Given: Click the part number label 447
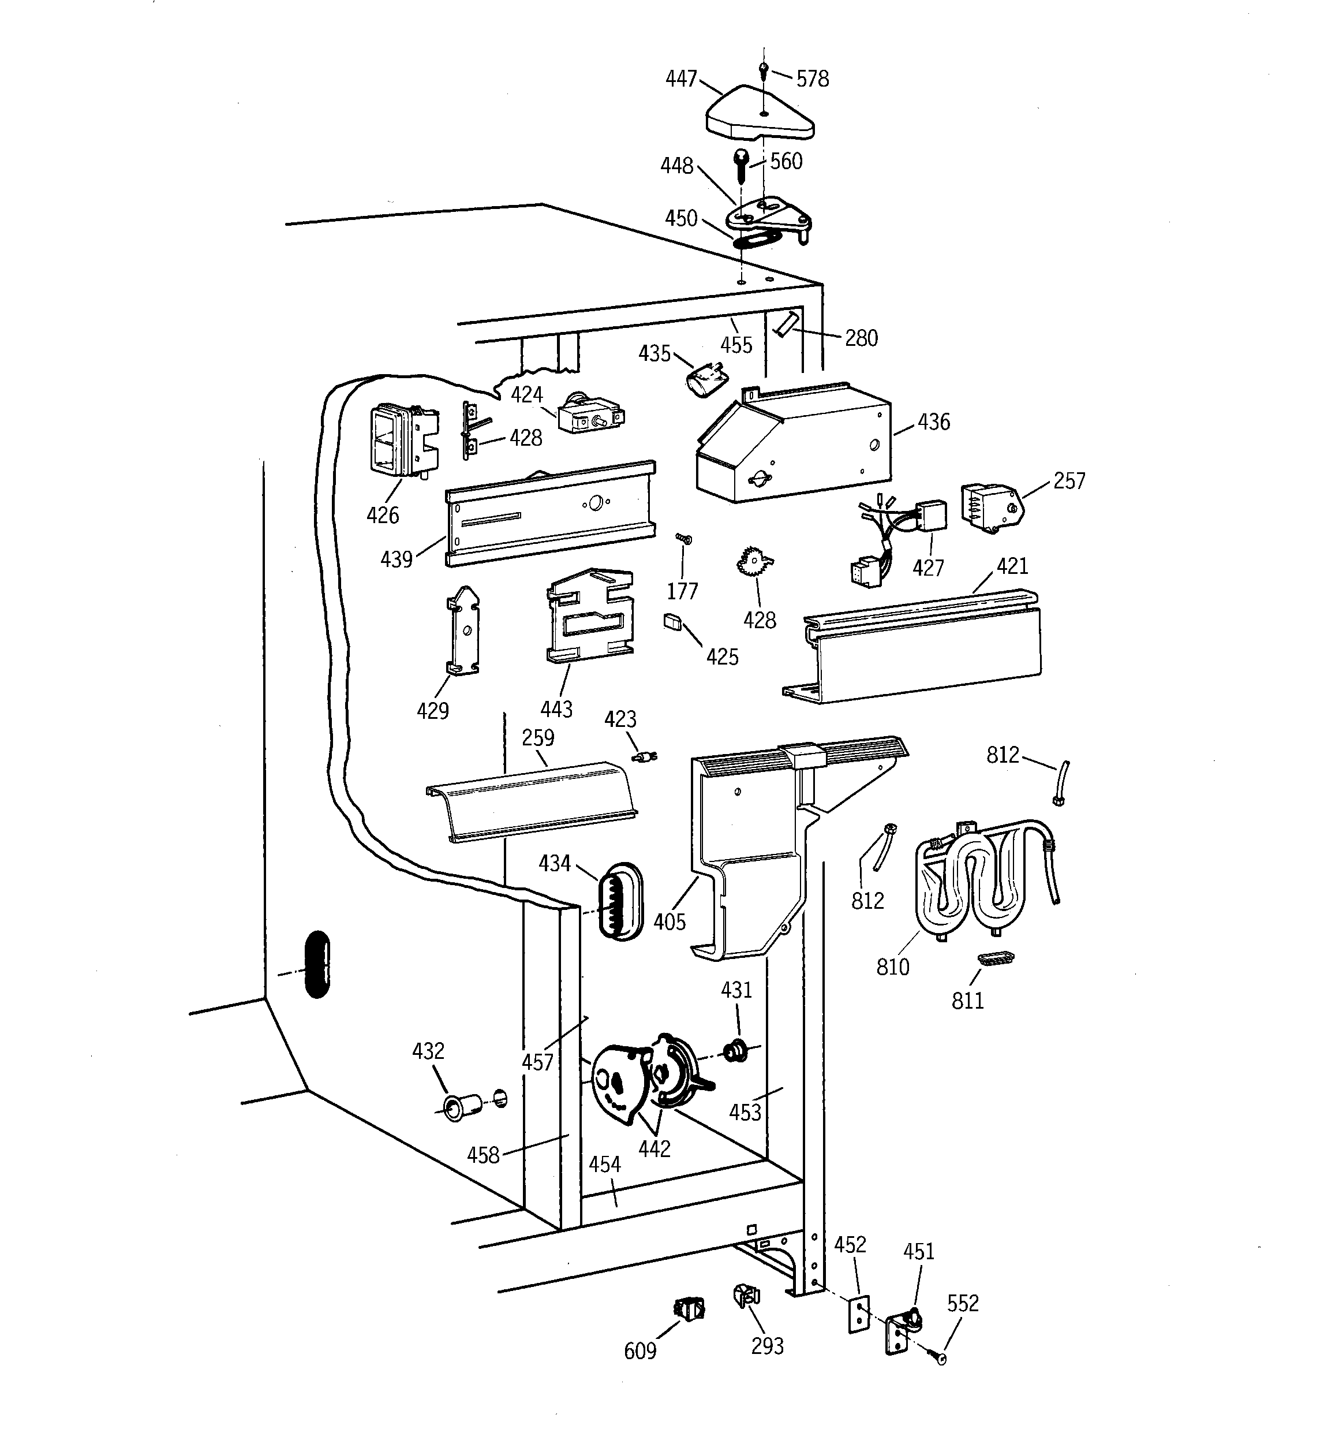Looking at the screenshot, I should tap(680, 79).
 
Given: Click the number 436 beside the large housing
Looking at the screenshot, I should tap(933, 422).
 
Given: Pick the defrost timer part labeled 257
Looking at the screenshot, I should tap(990, 508).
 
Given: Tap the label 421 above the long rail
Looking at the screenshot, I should tap(1012, 566).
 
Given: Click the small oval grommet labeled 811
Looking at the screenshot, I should tap(996, 957).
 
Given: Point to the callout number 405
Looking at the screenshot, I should tap(669, 921).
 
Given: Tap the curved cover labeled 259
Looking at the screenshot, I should tap(532, 801).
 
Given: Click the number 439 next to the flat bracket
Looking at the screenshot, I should tap(396, 558).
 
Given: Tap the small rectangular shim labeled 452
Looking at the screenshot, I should tap(858, 1315).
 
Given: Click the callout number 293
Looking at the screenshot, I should tap(767, 1346).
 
